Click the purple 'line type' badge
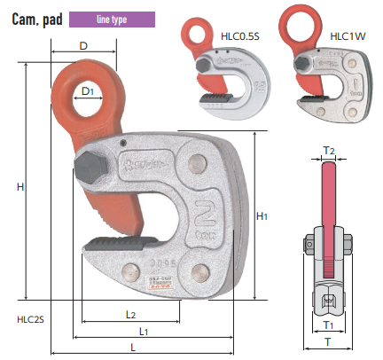click(112, 20)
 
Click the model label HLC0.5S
click(240, 36)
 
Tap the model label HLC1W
click(348, 36)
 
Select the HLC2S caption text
click(30, 319)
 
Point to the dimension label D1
click(88, 91)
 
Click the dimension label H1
click(262, 216)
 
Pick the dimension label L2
click(130, 315)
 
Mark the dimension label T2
click(329, 151)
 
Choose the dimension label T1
click(328, 325)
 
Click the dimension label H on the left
click(20, 187)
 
